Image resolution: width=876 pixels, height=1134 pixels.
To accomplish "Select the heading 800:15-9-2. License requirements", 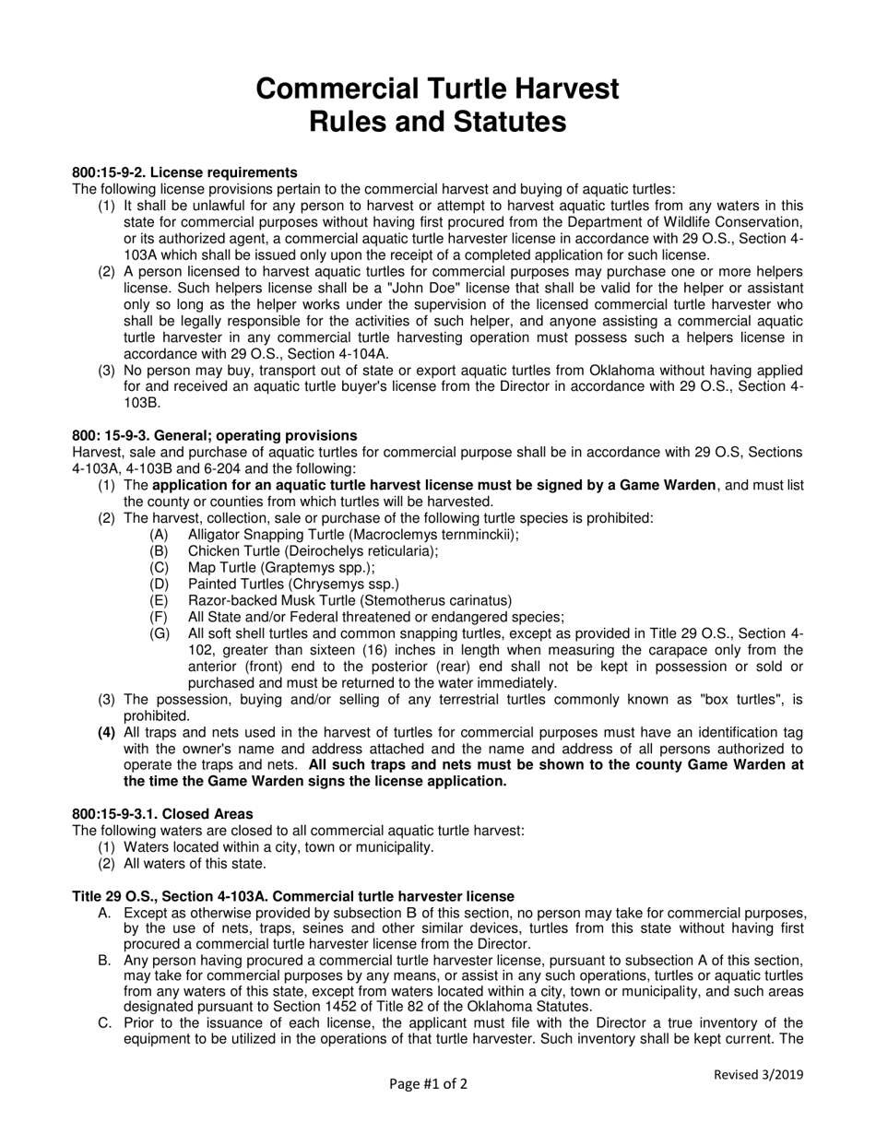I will click(184, 172).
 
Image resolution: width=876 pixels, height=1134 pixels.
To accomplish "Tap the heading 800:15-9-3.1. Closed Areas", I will click(162, 814).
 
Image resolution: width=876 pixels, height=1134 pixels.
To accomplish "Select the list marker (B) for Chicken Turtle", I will click(159, 551).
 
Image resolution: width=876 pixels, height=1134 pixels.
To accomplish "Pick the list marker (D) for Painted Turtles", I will click(159, 585).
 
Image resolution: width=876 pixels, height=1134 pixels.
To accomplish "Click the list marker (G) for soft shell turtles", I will click(159, 634).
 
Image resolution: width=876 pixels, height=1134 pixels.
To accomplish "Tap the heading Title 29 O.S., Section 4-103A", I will click(293, 896).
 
